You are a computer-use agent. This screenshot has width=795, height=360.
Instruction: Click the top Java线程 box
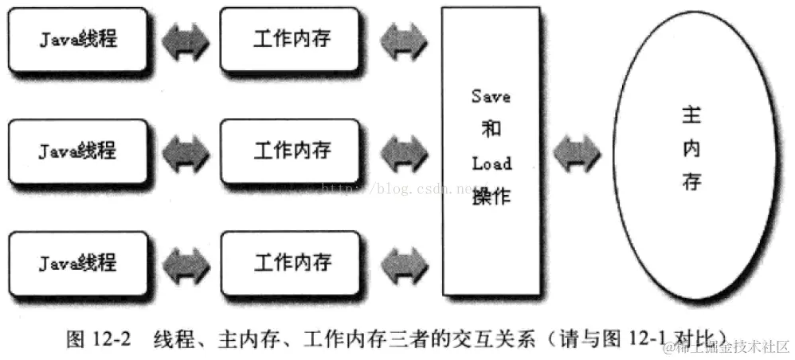click(77, 40)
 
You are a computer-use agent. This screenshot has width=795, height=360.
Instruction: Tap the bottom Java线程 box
click(77, 262)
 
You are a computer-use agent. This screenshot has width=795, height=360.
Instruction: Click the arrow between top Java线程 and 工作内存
click(185, 41)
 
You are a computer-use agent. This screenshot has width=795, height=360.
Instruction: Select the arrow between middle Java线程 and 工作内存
click(185, 151)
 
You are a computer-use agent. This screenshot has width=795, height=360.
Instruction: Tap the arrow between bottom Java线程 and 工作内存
click(185, 262)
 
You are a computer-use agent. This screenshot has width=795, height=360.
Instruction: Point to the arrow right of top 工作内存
click(406, 41)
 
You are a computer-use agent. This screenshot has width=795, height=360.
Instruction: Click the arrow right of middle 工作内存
click(406, 151)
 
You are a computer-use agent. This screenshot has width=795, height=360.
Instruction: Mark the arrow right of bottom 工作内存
click(406, 262)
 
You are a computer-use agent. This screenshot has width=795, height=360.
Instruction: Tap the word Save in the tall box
click(490, 96)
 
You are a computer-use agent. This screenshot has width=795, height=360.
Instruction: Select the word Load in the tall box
click(491, 164)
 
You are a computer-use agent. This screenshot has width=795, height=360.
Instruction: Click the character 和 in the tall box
click(491, 130)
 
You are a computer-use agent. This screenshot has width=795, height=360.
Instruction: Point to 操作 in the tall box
click(491, 196)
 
